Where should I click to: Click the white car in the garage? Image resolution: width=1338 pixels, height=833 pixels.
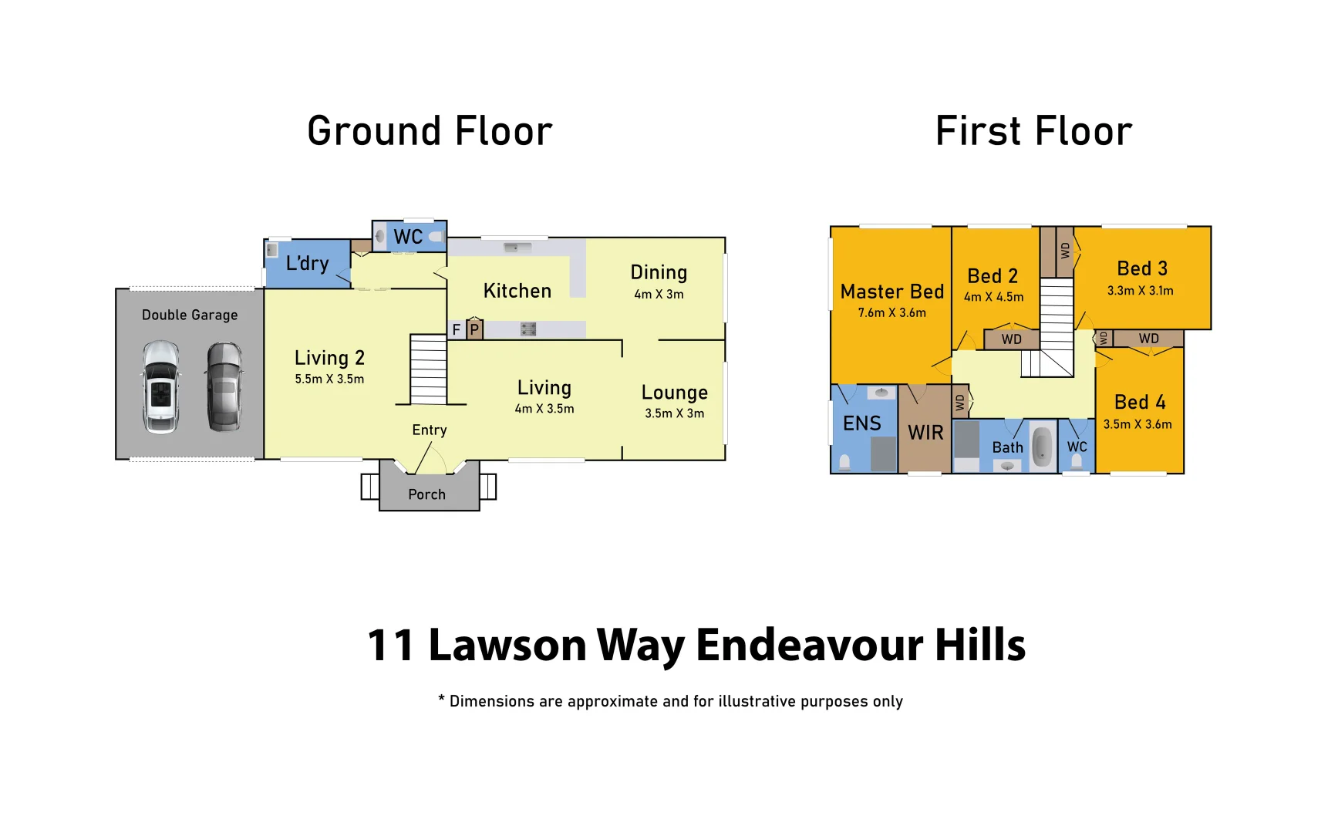point(161,386)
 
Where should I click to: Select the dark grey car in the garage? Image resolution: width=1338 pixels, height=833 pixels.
point(224,386)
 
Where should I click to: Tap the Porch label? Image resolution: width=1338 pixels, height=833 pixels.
point(426,494)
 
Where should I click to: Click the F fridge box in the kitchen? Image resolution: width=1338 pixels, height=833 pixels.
point(457,330)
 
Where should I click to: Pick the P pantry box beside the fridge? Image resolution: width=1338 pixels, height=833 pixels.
point(474,330)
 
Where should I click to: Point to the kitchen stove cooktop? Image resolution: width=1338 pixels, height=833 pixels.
point(528,329)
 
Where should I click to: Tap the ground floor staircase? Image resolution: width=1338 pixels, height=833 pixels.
point(428,369)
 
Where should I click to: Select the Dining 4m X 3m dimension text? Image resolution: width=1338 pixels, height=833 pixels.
point(659,295)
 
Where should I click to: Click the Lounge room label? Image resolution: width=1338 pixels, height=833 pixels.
point(674,393)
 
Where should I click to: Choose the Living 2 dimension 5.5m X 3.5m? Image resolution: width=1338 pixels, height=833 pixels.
point(329,379)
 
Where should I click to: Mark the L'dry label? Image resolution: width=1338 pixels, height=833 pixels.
point(307,264)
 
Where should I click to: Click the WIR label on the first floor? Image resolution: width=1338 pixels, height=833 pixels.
point(925,433)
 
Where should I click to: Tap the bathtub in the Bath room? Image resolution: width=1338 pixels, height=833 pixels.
point(1043,447)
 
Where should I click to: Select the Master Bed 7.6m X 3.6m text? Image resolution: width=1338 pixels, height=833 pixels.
point(891,313)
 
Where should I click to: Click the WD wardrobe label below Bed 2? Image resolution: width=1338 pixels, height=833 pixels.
point(1011,339)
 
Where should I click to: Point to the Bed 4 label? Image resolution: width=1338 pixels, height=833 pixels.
point(1139,403)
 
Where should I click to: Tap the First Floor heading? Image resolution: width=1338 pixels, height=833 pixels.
point(1033,131)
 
